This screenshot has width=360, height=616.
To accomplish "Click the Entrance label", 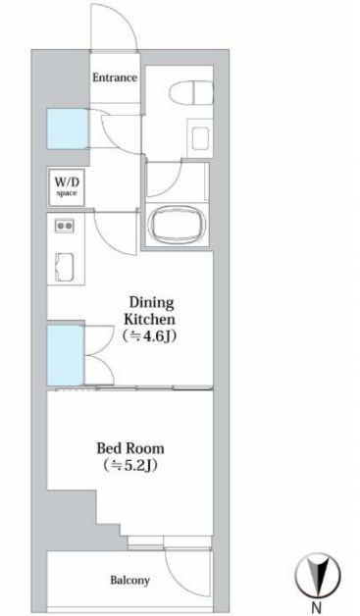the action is tap(115, 77).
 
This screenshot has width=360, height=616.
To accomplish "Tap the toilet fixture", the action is tap(191, 93).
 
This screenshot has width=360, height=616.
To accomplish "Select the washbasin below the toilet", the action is tap(200, 138).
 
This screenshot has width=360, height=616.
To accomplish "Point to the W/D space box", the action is tap(66, 187).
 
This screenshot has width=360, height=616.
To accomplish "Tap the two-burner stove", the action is tap(65, 226).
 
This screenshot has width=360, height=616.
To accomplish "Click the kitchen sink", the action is tap(64, 267).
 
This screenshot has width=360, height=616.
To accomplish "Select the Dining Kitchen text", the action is tap(149, 310).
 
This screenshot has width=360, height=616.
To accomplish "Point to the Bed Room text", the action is tap(130, 448).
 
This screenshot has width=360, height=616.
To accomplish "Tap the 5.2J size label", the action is tap(130, 466).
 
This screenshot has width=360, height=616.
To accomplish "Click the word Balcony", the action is tap(129, 581).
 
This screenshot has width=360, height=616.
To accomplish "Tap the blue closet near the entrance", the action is tap(67, 128).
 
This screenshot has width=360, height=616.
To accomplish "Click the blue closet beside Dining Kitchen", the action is tap(66, 355).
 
